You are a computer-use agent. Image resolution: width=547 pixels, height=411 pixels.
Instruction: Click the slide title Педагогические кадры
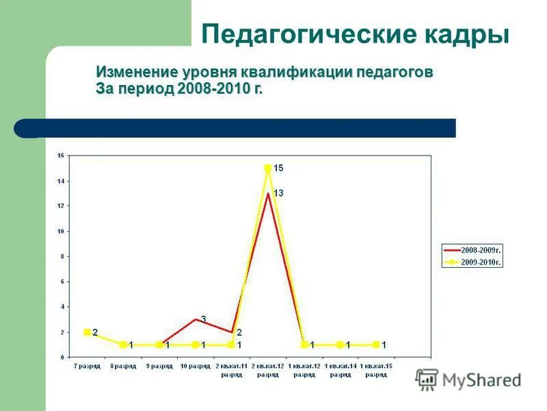356,33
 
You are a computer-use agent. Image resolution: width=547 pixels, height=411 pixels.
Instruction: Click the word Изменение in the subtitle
137,73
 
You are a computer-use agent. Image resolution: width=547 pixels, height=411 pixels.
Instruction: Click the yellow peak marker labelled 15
268,168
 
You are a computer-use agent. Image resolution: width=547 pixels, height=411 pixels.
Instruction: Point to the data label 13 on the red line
278,194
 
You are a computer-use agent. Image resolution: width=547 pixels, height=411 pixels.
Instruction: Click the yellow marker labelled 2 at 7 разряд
87,332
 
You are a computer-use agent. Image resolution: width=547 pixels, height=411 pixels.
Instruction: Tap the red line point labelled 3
196,319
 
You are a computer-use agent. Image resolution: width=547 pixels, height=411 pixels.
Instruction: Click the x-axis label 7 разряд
87,366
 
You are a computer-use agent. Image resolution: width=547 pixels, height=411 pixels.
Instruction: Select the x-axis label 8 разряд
123,366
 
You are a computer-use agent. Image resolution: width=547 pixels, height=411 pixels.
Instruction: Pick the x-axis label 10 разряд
196,366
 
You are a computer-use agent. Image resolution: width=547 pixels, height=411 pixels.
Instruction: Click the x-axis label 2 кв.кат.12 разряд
268,370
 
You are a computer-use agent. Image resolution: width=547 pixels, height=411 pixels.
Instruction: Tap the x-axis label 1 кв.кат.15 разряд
376,370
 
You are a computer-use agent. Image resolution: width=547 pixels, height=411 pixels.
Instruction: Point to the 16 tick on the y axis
60,155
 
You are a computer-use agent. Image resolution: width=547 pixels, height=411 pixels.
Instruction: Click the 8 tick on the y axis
62,256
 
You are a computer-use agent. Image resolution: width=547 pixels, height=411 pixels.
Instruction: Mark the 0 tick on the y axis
62,358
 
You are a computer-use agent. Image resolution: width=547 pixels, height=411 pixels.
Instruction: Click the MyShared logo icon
427,379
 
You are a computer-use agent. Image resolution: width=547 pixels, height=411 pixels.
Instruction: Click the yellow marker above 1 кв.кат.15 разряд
376,345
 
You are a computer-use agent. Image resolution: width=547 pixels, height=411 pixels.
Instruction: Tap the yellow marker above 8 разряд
123,345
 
